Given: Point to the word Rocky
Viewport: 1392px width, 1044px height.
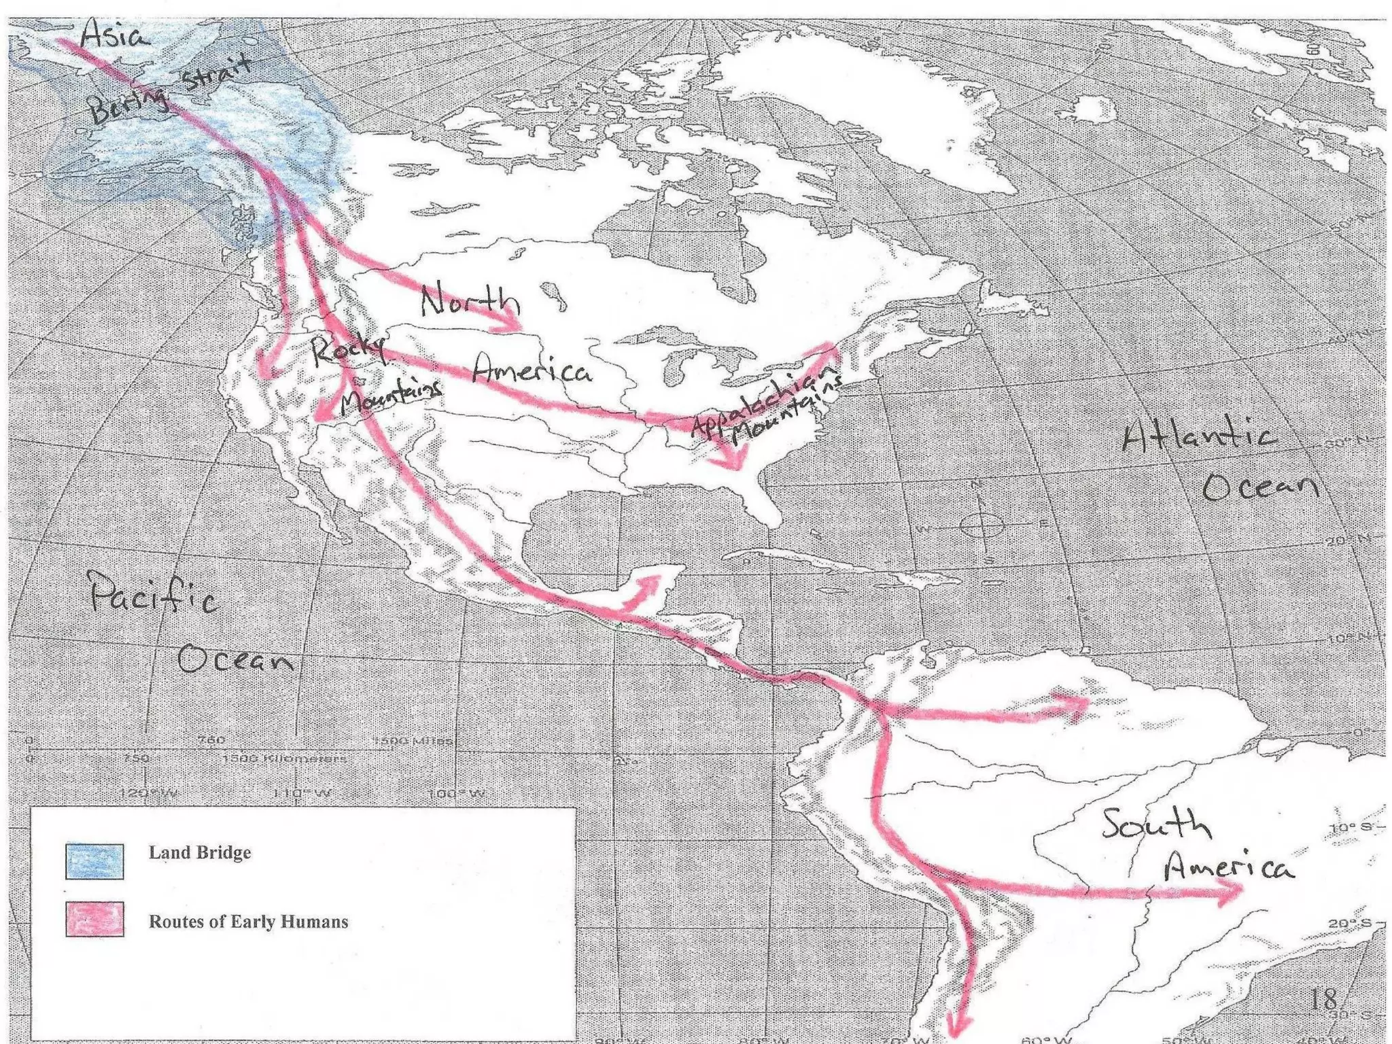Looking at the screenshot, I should [347, 349].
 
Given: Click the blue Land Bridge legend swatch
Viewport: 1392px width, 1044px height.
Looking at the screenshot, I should [94, 860].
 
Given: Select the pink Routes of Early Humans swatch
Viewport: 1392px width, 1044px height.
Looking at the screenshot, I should [94, 919].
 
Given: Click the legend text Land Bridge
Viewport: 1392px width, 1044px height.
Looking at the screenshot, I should [200, 852].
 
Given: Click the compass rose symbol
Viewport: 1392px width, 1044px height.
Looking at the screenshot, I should [981, 525].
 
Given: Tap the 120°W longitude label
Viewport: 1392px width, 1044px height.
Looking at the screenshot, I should [148, 793].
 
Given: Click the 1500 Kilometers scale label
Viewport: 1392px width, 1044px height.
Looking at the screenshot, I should [284, 759].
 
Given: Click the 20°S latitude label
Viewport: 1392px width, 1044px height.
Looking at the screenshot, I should [1349, 923].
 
